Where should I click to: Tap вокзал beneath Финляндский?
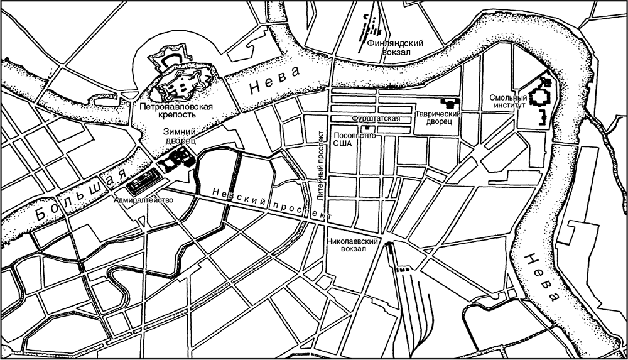(x=396, y=53)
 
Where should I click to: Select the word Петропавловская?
(x=176, y=106)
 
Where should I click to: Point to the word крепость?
(x=176, y=115)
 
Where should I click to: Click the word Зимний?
(x=180, y=132)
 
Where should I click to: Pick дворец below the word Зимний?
(x=181, y=141)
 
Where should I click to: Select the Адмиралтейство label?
(x=143, y=200)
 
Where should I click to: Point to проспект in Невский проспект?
(x=303, y=210)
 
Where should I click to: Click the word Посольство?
(x=355, y=135)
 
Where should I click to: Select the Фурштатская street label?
(x=376, y=118)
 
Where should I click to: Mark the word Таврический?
(x=438, y=114)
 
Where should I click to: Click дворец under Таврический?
(x=438, y=122)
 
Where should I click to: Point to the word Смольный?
(x=508, y=98)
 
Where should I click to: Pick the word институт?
(x=509, y=106)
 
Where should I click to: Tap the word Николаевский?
(x=352, y=241)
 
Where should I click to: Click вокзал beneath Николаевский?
(x=352, y=249)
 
